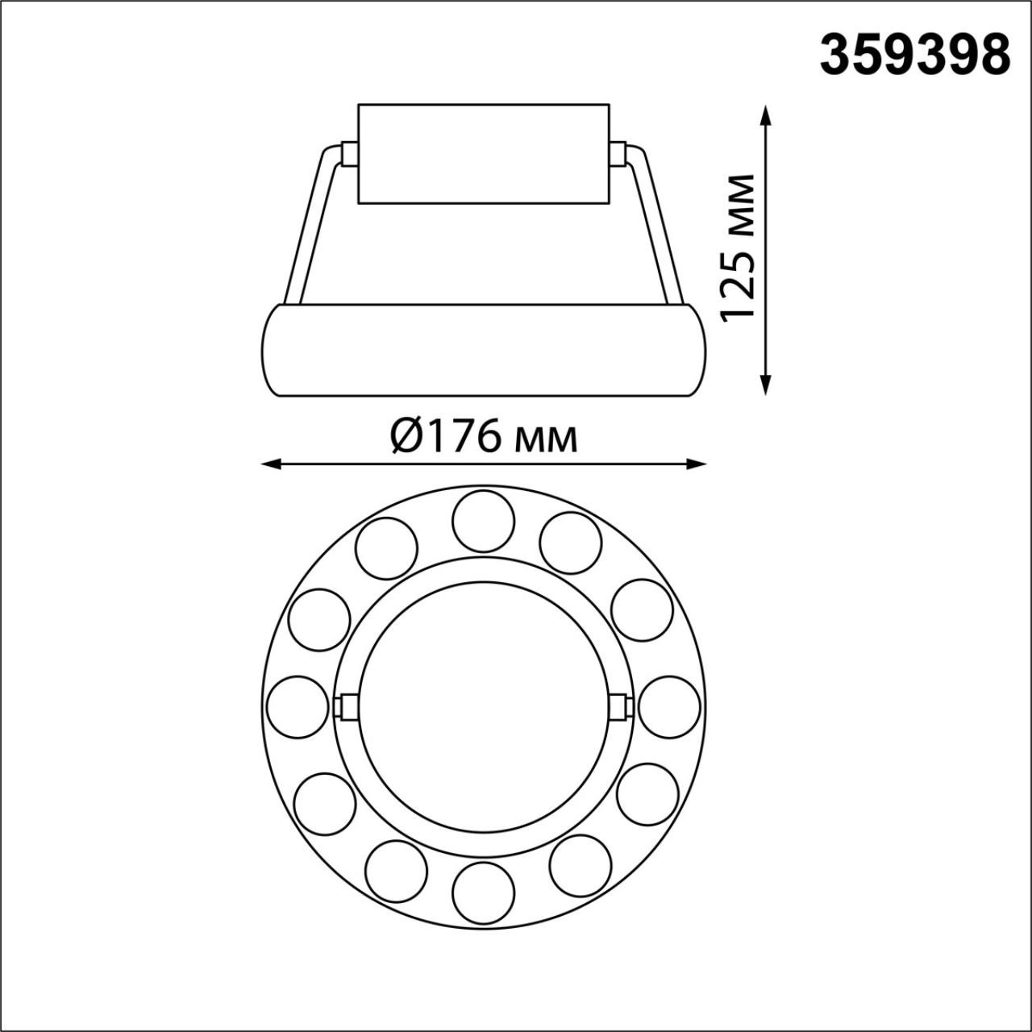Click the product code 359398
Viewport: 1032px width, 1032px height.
tap(915, 55)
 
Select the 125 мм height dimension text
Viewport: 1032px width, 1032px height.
tap(739, 248)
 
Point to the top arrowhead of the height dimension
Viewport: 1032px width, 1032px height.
tap(765, 114)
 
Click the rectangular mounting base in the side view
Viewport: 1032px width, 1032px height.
tap(484, 153)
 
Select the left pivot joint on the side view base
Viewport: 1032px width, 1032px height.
tap(349, 154)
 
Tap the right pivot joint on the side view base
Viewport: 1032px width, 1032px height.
tap(618, 154)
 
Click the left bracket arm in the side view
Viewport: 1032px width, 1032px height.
tap(311, 226)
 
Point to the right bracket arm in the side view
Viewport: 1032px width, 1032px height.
tap(656, 226)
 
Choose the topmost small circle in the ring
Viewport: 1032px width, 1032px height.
tap(484, 521)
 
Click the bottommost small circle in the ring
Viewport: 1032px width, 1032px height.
tap(484, 893)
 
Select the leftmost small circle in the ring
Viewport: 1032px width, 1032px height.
tap(297, 706)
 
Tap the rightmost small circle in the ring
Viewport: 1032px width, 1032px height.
tap(669, 706)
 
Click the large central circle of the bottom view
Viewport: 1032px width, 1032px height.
tap(484, 706)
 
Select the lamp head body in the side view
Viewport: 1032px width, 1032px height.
tap(484, 350)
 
